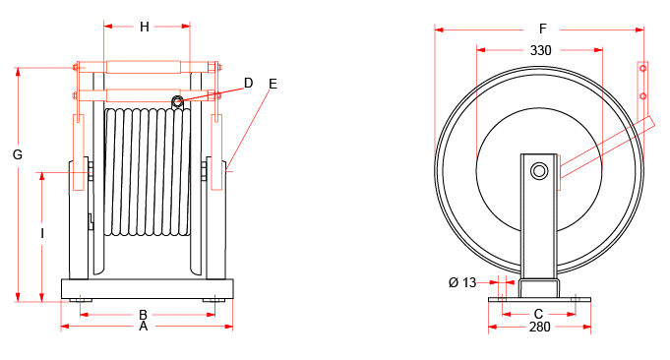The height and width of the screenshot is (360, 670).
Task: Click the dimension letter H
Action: pos(145,28)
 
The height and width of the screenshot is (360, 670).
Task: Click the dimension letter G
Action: pos(17,154)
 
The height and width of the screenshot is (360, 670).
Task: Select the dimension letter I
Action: pos(41,233)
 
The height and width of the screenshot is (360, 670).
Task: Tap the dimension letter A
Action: pos(144,326)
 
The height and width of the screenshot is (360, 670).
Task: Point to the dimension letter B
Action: pos(144,314)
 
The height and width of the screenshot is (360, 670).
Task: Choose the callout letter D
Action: pos(249,84)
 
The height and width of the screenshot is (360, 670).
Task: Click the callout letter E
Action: pos(273,84)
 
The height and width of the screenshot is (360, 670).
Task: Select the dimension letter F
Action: pos(541,29)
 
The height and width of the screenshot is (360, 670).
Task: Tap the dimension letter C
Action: pos(538,314)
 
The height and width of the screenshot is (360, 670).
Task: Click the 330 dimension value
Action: pos(541,49)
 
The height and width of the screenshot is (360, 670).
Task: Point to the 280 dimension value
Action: pos(539,327)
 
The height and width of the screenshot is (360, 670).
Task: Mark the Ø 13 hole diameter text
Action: pos(461,282)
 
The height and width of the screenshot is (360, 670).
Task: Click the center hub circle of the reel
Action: pos(538,171)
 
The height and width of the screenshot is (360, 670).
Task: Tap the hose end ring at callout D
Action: pos(178,101)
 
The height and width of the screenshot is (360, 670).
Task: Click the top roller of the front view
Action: pos(144,68)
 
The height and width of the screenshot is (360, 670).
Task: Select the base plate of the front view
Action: pos(147,288)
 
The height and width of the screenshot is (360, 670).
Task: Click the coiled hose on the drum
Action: pos(147,172)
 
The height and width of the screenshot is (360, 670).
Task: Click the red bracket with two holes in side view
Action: pos(642,85)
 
